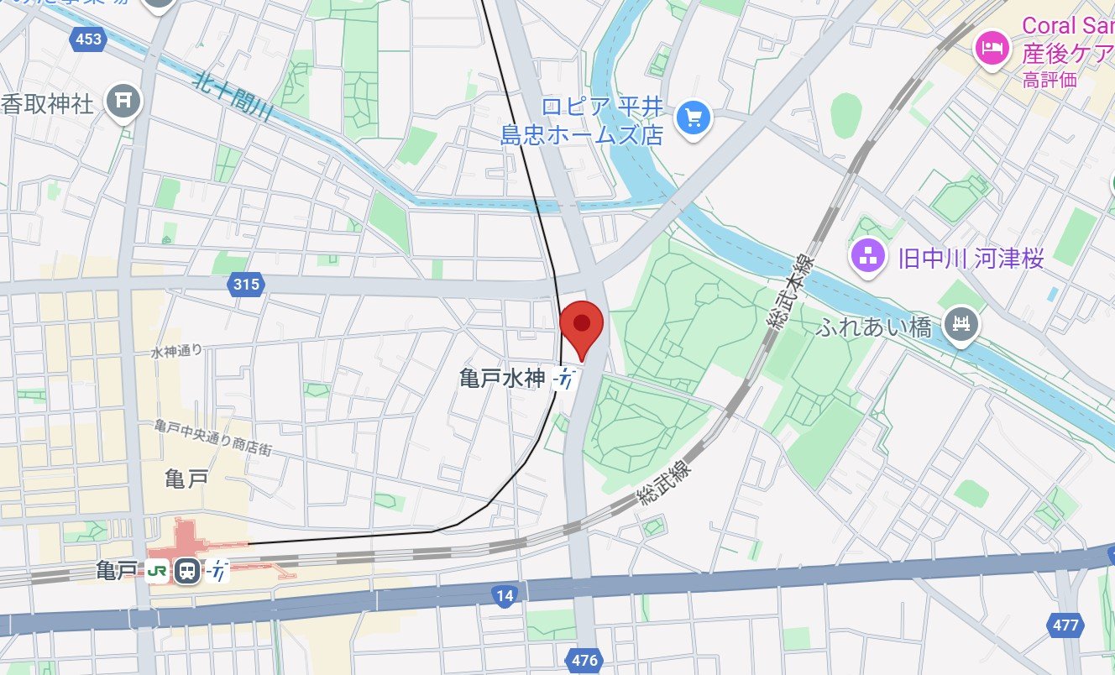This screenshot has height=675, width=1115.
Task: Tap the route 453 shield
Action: tap(87, 39)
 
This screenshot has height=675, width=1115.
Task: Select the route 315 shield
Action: tap(246, 285)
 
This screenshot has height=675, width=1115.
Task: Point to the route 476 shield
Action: tap(584, 660)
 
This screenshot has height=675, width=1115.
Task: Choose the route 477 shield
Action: tap(1065, 625)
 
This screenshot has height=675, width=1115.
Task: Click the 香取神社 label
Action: tap(47, 104)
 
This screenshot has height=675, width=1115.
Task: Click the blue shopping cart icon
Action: tap(694, 118)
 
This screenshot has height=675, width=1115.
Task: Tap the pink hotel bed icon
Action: tap(992, 49)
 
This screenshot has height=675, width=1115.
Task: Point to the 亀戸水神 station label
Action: tap(502, 379)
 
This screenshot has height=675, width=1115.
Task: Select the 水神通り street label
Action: tap(177, 351)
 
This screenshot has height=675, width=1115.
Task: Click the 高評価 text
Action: tap(1050, 81)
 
